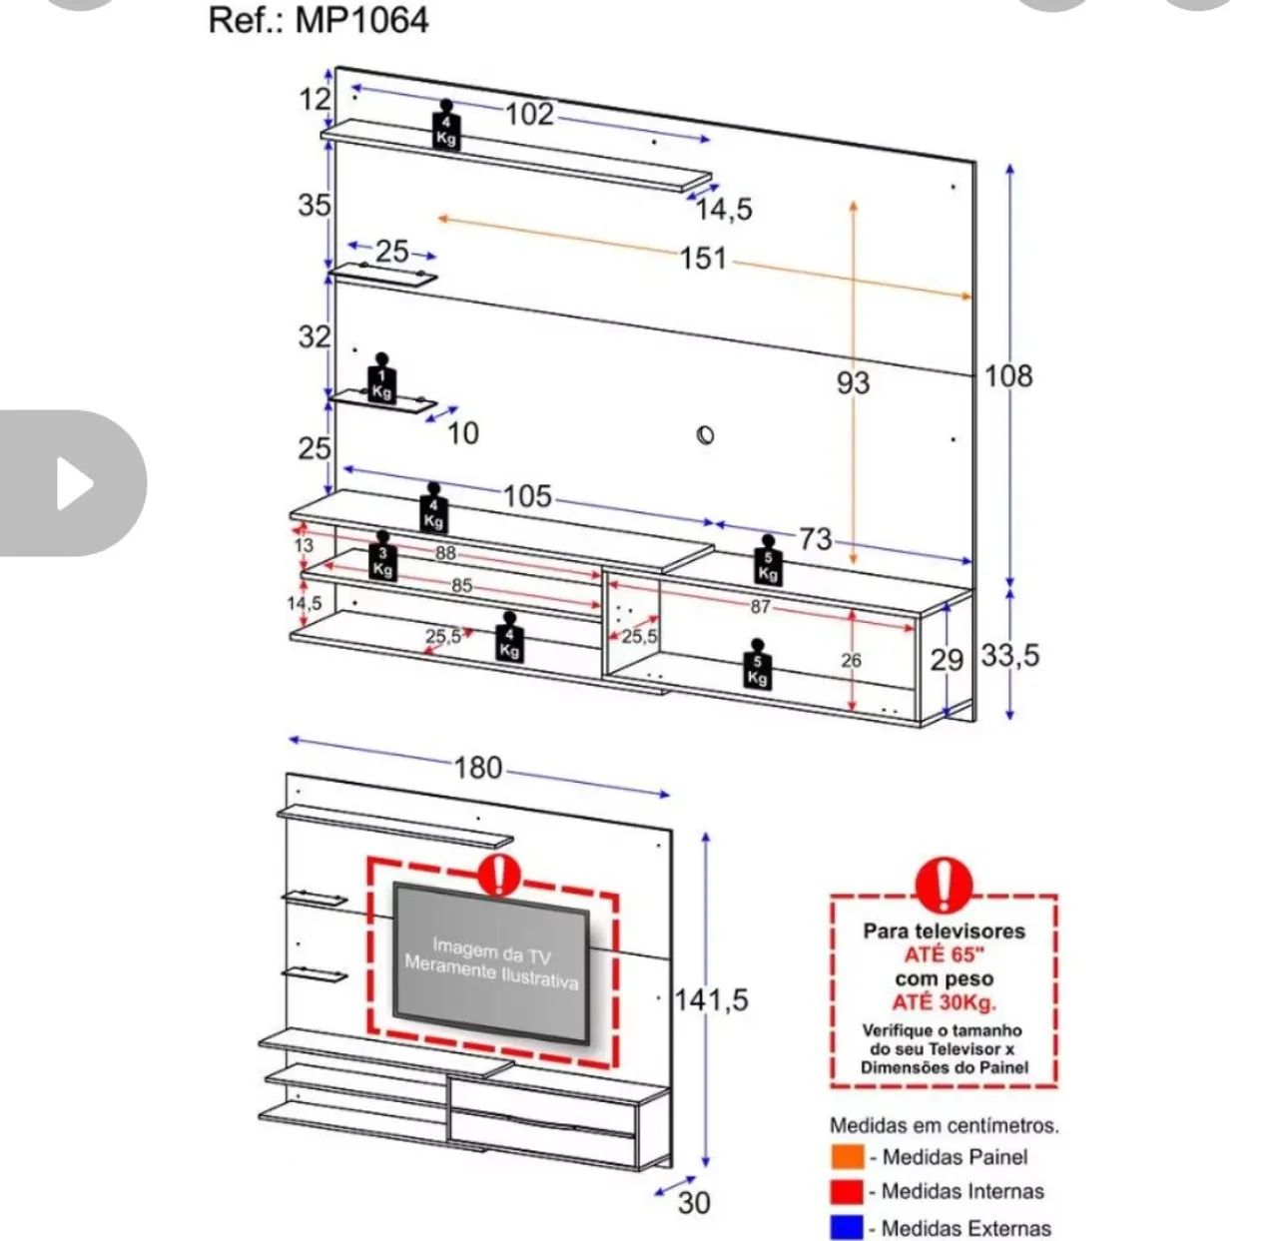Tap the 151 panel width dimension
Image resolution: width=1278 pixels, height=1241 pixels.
(703, 258)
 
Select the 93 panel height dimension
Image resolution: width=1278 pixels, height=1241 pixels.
(853, 382)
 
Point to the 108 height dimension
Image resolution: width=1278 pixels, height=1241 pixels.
(1007, 375)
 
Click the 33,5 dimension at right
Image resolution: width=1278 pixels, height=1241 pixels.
(1009, 655)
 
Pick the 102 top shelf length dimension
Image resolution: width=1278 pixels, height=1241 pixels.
(529, 114)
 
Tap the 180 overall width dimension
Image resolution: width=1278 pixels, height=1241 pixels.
(477, 767)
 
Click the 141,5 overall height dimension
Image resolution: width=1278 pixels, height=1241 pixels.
(711, 998)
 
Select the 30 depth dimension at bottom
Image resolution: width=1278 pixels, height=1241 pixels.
(694, 1202)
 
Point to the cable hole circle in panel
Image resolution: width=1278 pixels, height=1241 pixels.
(706, 434)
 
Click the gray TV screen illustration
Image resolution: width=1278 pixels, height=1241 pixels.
(490, 962)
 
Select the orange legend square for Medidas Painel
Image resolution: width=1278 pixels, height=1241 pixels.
(847, 1156)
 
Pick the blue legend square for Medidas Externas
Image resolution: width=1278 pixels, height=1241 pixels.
(847, 1227)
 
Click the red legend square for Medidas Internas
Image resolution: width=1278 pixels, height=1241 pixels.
(847, 1191)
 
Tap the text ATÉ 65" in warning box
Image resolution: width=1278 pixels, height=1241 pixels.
(944, 954)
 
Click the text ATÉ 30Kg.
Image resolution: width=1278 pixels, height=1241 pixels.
(944, 1002)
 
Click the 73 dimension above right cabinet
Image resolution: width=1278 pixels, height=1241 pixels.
(815, 538)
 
